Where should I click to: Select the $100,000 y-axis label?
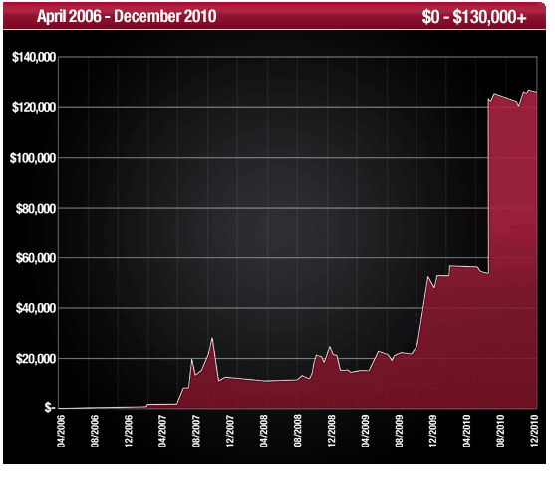30,158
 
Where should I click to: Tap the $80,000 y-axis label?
33,208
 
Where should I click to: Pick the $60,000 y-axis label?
33,258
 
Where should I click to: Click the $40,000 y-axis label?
33,308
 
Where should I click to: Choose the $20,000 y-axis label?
33,358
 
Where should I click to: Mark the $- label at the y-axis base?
49,408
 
